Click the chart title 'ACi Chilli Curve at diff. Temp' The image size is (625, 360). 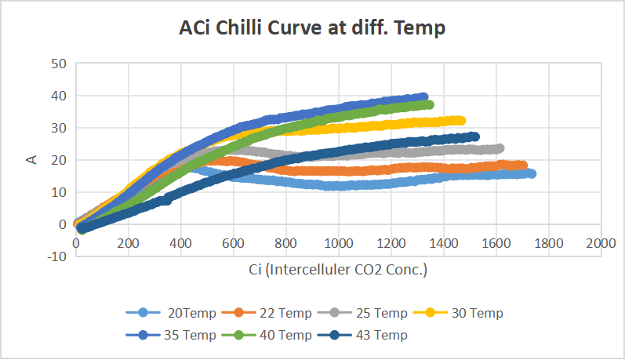tap(312, 29)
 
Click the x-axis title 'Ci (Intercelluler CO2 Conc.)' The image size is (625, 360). tap(336, 270)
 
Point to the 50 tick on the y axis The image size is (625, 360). tap(58, 64)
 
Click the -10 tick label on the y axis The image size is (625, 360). tap(56, 256)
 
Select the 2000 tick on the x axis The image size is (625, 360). tap(601, 243)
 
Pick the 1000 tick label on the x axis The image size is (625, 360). tap(338, 243)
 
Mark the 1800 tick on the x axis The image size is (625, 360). tap(548, 243)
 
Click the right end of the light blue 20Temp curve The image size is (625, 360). tap(531, 173)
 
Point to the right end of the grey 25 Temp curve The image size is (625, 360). tap(499, 148)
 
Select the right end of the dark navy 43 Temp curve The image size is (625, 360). tap(474, 136)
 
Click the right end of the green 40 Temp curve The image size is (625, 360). tap(429, 104)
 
